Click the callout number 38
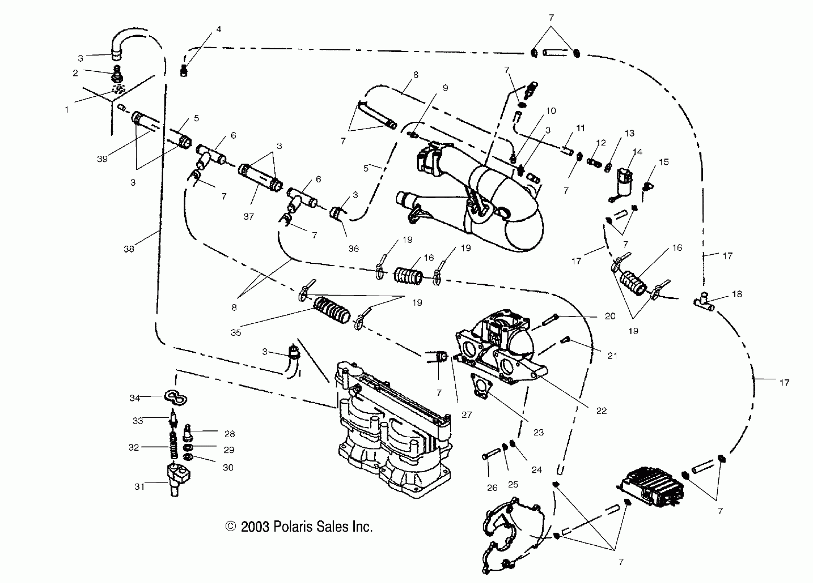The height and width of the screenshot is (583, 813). pos(129,249)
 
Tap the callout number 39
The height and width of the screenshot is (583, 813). pos(102,159)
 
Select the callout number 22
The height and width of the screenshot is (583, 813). pos(602,411)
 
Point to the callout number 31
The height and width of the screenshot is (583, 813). pos(139,486)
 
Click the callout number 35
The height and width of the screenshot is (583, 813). pos(236,332)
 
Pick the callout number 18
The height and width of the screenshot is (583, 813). pos(737,294)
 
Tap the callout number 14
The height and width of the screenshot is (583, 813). pos(637,152)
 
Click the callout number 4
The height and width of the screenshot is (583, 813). pos(219,29)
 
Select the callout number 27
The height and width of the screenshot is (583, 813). pos(466,415)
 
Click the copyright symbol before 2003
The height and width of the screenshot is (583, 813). pos(231,526)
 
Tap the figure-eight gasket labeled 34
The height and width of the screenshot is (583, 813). pos(176,398)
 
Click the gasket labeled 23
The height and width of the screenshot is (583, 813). pos(481,385)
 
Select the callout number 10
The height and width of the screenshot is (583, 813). pos(550,111)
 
